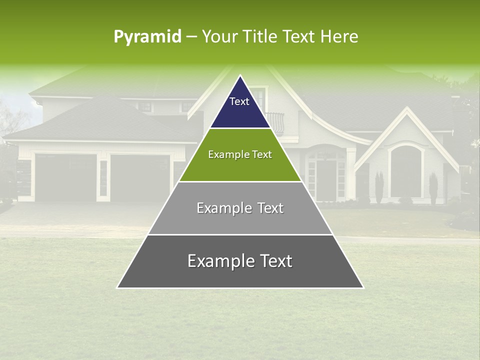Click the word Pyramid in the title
(x=147, y=37)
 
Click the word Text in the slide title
(x=299, y=37)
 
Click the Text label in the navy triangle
(x=239, y=101)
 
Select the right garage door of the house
(x=140, y=177)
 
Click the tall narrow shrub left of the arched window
(x=379, y=187)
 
